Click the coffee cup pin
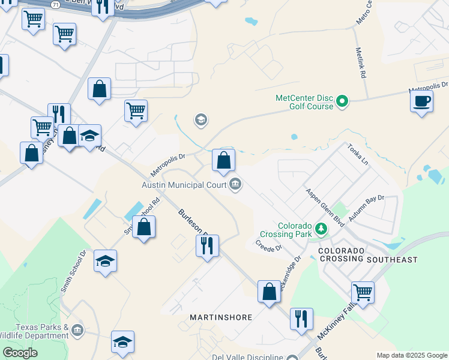[x=422, y=101]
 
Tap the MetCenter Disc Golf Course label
[x=304, y=102]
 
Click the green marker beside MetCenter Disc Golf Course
[x=342, y=101]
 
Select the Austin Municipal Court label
[x=184, y=185]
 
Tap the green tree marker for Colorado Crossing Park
[x=322, y=229]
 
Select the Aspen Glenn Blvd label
[x=324, y=206]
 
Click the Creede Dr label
[x=268, y=245]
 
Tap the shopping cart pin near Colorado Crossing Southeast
[x=363, y=293]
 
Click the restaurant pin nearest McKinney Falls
[x=301, y=319]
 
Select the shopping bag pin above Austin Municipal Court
[x=223, y=160]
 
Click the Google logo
[x=20, y=353]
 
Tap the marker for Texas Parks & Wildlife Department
[x=77, y=330]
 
